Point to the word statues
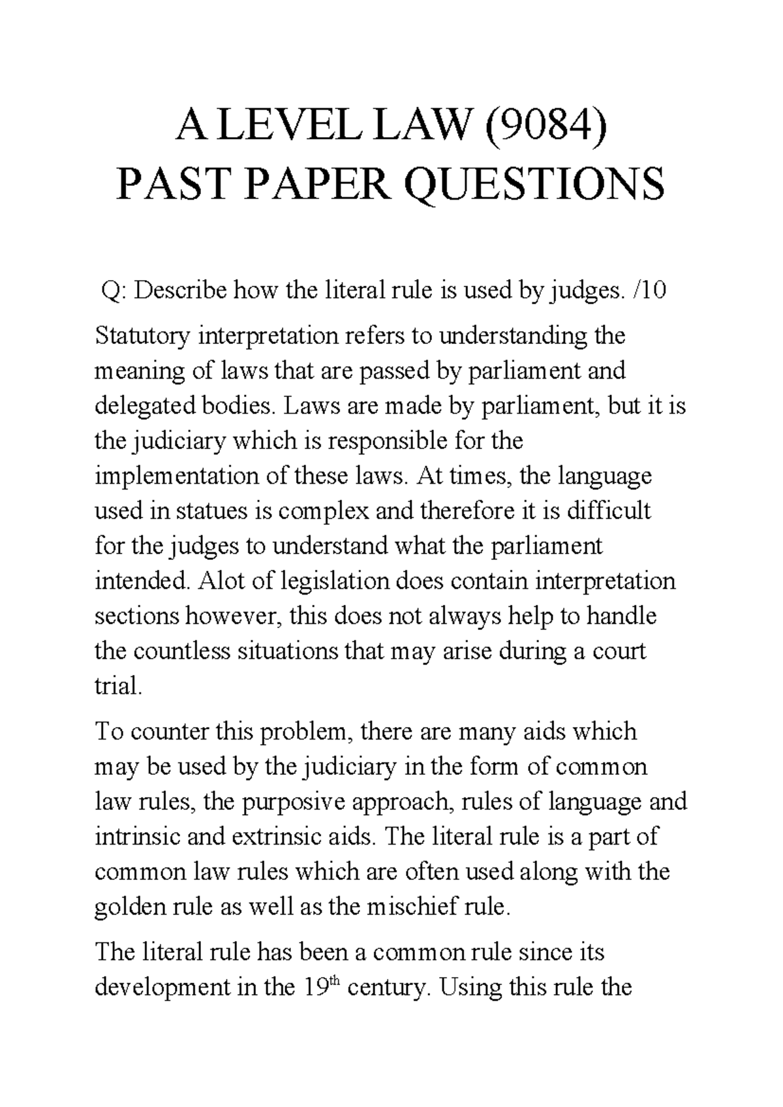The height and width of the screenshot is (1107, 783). point(209,510)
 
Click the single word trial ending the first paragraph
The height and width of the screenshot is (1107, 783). point(117,686)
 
